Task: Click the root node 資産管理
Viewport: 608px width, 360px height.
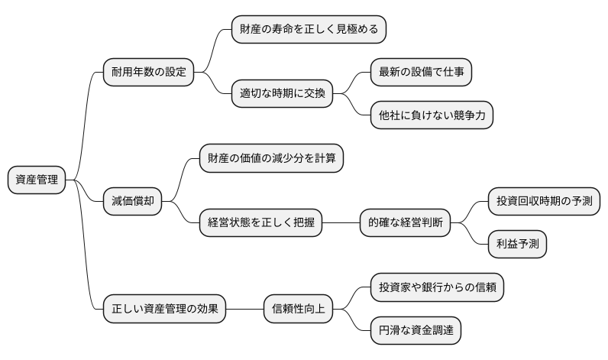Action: (x=36, y=180)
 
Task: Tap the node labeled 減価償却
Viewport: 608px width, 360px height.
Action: (x=132, y=202)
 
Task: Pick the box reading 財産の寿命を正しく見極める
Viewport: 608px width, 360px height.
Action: (x=309, y=30)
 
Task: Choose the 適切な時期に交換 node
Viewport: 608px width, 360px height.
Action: (x=282, y=95)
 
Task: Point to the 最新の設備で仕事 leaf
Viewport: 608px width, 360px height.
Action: (x=421, y=73)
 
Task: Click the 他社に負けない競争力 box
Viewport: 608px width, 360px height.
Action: (x=431, y=116)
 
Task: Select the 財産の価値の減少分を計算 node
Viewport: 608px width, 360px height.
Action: (x=271, y=159)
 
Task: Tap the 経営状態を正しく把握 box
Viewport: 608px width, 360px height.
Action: (x=260, y=224)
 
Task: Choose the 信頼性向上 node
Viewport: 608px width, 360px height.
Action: (x=298, y=310)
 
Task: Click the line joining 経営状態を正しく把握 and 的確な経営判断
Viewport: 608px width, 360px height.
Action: (x=341, y=224)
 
